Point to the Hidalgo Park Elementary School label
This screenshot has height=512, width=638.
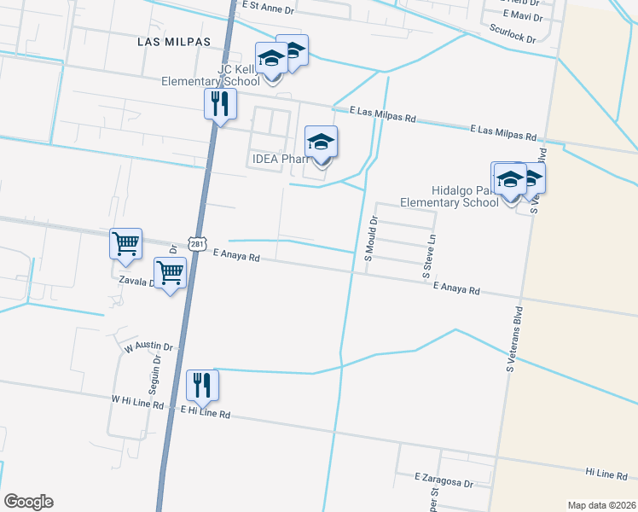coord(449,197)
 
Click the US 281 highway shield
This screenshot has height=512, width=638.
coord(197,244)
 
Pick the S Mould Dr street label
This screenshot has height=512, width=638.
coord(371,238)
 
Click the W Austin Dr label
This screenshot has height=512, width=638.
coord(148,347)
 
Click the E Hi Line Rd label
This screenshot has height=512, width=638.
coord(206,413)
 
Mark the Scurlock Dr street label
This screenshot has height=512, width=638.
coord(513,32)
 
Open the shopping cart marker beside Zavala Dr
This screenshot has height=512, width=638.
coord(170,274)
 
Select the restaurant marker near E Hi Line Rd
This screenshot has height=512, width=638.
coord(202,386)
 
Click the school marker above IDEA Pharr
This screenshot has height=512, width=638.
coord(322,143)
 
